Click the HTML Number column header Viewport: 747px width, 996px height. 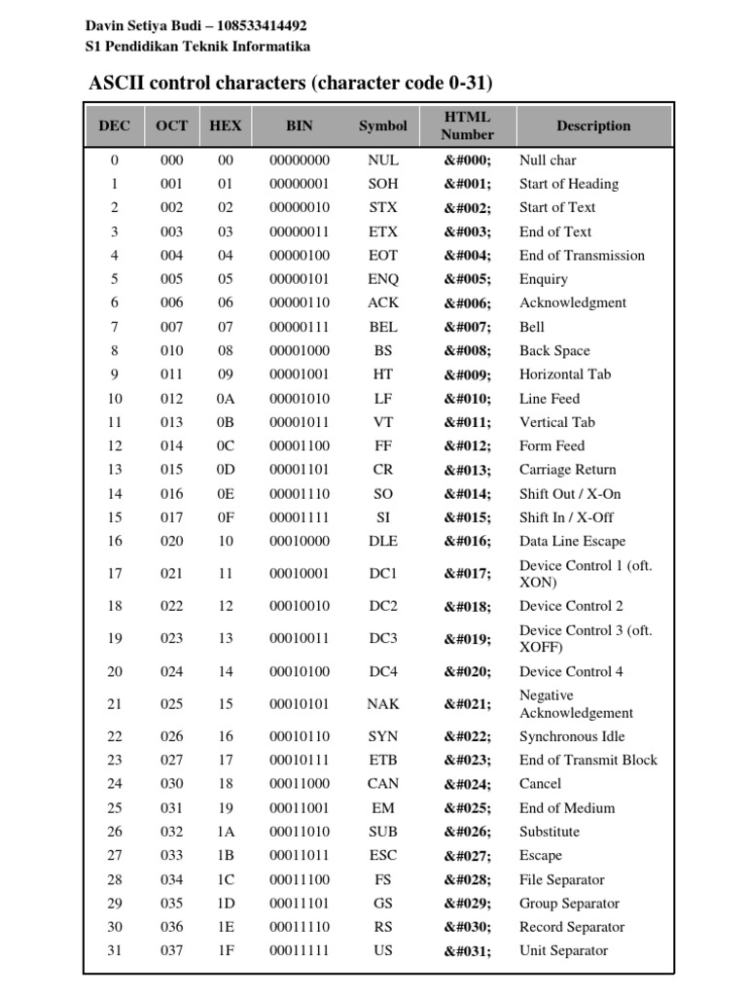tap(467, 125)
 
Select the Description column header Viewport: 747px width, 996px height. tap(593, 125)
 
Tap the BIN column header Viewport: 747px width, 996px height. tap(300, 125)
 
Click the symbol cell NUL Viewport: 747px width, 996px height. tap(383, 160)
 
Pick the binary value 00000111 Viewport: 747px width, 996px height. tap(300, 327)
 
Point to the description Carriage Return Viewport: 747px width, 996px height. tap(567, 470)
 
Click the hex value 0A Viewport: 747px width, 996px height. tap(226, 399)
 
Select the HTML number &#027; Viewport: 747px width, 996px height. tap(468, 856)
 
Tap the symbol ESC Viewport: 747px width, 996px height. tap(383, 856)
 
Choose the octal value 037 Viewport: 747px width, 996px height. tap(171, 951)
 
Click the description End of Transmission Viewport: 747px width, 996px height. tap(582, 256)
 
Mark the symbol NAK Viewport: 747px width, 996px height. tap(383, 704)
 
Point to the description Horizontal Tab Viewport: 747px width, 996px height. tap(565, 374)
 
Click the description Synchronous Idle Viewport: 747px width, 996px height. tap(572, 737)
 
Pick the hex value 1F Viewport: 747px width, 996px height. tap(226, 951)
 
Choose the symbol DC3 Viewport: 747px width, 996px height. tap(383, 639)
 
